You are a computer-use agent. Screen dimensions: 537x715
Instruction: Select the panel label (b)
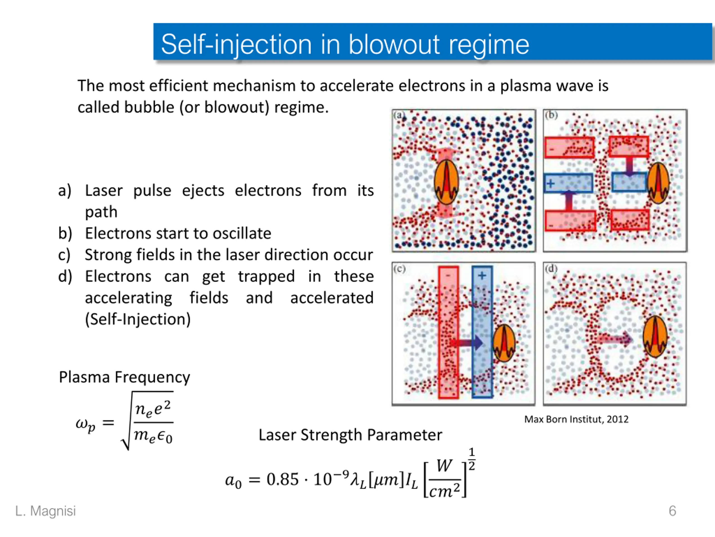tap(551, 115)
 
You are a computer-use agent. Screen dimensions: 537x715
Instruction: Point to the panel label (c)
tap(399, 269)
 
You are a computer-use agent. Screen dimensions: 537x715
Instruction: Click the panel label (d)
tap(551, 269)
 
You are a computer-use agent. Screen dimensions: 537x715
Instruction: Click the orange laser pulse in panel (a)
tap(446, 182)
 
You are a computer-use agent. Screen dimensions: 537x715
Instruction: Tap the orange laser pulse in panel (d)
tap(655, 337)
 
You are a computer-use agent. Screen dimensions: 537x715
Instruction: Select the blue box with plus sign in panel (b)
tap(568, 183)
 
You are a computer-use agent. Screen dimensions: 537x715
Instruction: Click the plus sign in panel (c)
tap(482, 275)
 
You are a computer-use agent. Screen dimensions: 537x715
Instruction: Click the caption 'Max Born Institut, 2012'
tap(576, 419)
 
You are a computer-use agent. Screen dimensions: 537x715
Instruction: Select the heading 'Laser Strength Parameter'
tap(350, 435)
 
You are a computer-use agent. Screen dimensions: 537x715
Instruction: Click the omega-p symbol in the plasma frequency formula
tap(85, 424)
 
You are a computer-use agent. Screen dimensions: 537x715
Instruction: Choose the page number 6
tap(672, 511)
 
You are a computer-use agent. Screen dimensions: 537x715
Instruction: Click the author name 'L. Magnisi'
tap(46, 511)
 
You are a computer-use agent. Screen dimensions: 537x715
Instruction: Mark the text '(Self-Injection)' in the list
tap(138, 319)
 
